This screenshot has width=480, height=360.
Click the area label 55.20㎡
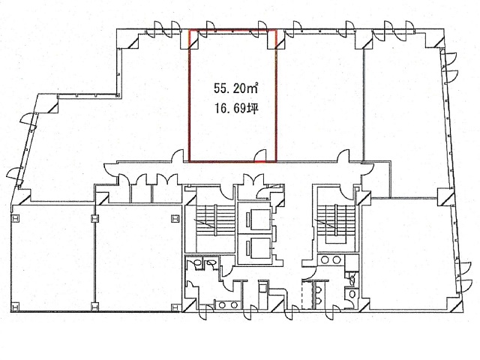click(x=235, y=88)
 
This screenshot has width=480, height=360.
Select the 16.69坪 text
click(x=235, y=108)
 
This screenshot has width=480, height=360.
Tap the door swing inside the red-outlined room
click(x=260, y=155)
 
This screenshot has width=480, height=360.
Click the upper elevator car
click(x=255, y=220)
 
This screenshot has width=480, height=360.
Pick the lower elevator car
click(x=255, y=247)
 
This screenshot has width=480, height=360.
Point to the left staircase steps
click(x=215, y=220)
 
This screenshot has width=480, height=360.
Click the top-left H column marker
click(x=14, y=219)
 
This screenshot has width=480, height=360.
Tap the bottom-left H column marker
click(x=14, y=306)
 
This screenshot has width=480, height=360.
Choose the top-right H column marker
click(x=175, y=219)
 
